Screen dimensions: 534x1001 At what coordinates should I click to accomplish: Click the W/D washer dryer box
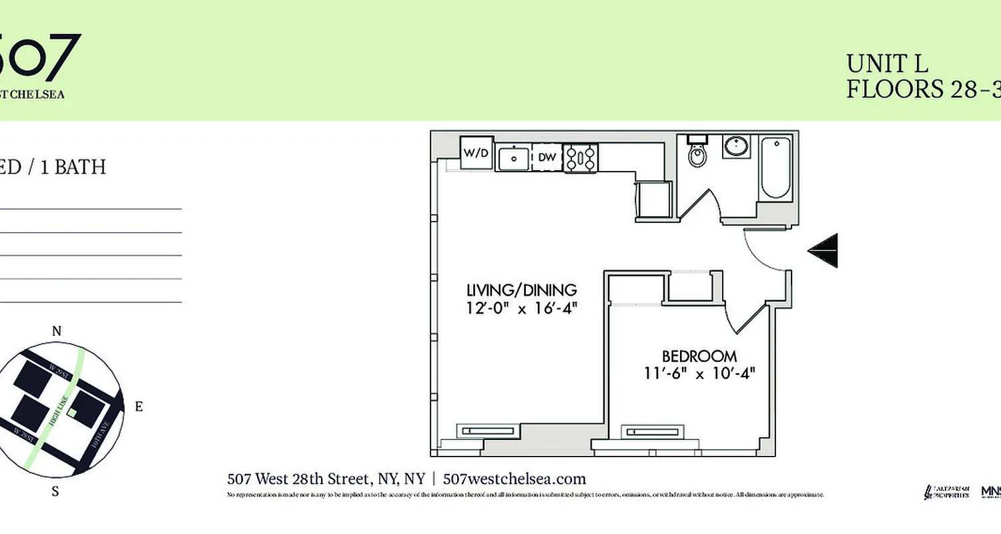point(476,153)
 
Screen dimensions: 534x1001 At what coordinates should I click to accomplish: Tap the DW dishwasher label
point(547,158)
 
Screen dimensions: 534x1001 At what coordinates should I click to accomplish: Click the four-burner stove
point(581,158)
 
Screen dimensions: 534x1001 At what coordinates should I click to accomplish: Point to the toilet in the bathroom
point(697,153)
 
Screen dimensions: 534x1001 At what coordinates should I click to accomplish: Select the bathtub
point(775,168)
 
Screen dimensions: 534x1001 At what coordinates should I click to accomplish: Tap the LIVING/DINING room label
point(521,290)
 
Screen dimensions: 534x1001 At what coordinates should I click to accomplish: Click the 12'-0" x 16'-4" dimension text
point(521,308)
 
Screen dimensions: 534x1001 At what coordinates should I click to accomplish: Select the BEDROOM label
point(699,356)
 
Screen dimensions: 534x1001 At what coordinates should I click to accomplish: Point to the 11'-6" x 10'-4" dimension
point(699,374)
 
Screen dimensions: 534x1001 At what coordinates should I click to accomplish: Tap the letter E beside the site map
point(139,407)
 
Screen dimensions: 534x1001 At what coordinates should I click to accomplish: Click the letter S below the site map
point(56,492)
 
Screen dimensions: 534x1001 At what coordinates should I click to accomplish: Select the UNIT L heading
point(887,64)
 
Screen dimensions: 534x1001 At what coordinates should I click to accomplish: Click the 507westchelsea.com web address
point(514,479)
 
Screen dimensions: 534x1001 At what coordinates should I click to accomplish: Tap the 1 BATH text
point(73,167)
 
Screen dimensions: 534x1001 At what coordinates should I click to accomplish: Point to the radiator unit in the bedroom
point(652,431)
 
